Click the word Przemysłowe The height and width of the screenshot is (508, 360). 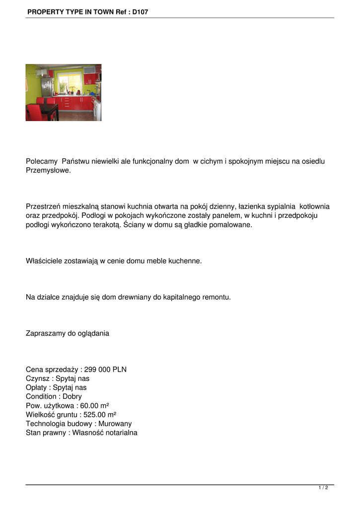(x=48, y=170)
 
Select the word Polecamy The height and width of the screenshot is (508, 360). (x=42, y=161)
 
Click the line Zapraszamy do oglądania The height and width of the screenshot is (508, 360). (x=67, y=333)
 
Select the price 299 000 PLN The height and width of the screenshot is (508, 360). (x=105, y=370)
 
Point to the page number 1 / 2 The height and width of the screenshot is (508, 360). (x=323, y=488)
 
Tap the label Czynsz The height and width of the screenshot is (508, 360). (x=38, y=379)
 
